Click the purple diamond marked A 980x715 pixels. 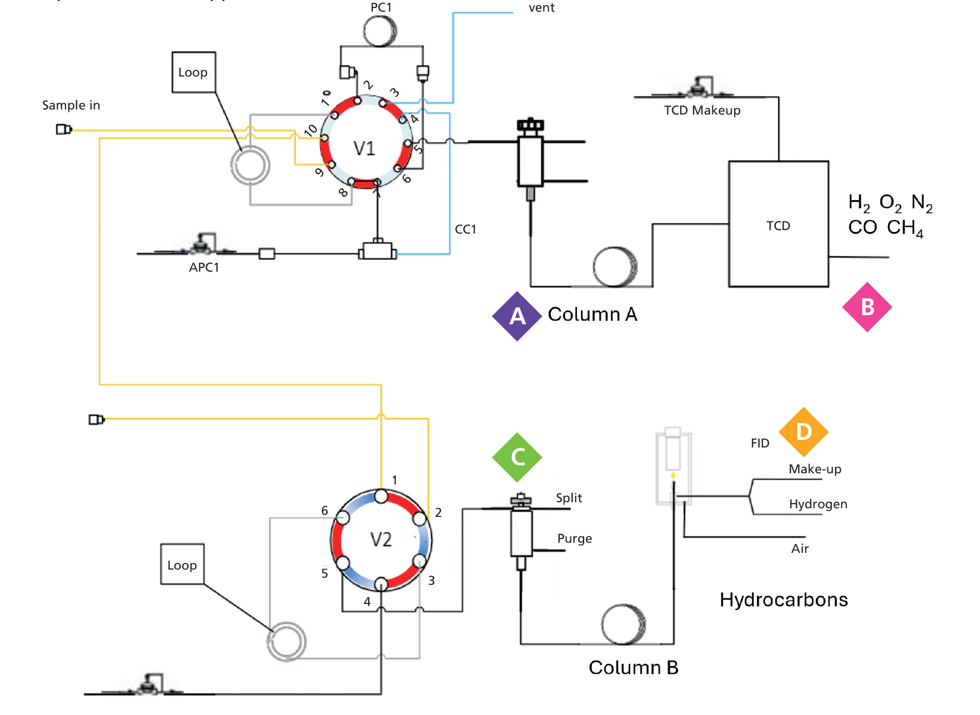[x=517, y=316]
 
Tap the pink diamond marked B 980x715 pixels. [x=867, y=307]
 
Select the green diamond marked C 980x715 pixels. [x=517, y=457]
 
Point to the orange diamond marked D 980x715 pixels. [x=804, y=432]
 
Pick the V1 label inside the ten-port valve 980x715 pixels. [x=364, y=148]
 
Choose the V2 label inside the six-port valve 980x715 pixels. [x=381, y=540]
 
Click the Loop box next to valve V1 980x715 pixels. [x=193, y=72]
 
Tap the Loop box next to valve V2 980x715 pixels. [x=182, y=565]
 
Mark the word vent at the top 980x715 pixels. [x=541, y=8]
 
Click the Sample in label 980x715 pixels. [x=71, y=105]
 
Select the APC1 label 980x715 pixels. [x=204, y=268]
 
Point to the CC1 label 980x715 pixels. [x=465, y=230]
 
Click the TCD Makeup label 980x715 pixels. [x=702, y=110]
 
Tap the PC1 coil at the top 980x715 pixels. [x=380, y=31]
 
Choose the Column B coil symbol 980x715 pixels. [x=623, y=624]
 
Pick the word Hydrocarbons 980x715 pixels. [x=783, y=600]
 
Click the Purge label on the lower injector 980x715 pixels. [x=574, y=539]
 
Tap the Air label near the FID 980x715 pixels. [x=800, y=549]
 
